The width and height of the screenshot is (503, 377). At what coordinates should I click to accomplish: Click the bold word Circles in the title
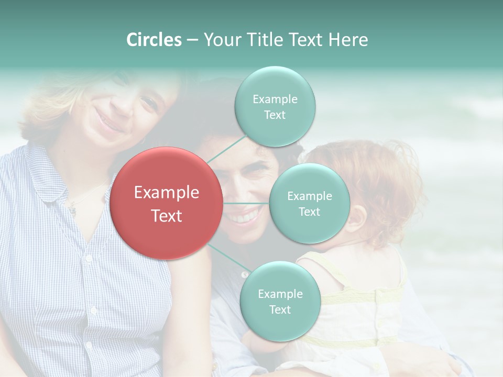click(x=154, y=40)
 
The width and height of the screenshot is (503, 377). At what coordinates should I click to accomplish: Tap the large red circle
click(x=167, y=203)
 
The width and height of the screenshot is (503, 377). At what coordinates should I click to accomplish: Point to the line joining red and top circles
click(x=227, y=148)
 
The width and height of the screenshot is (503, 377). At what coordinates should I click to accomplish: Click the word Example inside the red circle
click(x=167, y=193)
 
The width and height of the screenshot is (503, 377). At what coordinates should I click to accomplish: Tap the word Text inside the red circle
click(x=167, y=216)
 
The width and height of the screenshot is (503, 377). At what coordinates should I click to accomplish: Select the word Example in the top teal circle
click(x=275, y=99)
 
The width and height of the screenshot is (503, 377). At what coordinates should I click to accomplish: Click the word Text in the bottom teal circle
click(x=280, y=309)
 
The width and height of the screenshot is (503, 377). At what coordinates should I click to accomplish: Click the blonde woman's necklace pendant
click(x=72, y=210)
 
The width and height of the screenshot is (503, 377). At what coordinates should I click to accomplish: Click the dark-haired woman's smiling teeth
click(x=245, y=216)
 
